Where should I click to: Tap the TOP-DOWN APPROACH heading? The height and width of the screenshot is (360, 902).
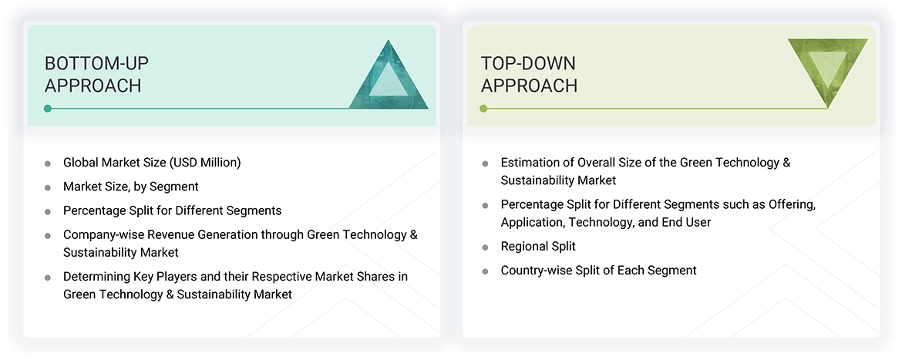click(529, 74)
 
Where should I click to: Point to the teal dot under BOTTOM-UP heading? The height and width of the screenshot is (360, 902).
click(48, 109)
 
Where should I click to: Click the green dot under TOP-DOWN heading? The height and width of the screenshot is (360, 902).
click(483, 109)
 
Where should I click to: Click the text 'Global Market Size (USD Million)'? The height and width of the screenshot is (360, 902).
click(152, 163)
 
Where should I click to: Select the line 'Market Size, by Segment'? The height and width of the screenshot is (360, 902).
click(130, 187)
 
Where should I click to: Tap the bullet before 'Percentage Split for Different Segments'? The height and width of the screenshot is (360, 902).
click(48, 211)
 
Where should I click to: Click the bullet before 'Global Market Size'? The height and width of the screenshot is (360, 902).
click(48, 163)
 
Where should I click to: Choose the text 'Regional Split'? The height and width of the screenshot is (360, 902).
click(538, 247)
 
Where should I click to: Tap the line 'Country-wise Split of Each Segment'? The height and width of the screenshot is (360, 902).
click(598, 271)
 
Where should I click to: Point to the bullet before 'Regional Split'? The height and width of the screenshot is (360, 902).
click(485, 247)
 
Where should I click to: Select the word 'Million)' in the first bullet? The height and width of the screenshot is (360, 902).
click(218, 163)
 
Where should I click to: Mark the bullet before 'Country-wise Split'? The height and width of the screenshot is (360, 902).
click(485, 271)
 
